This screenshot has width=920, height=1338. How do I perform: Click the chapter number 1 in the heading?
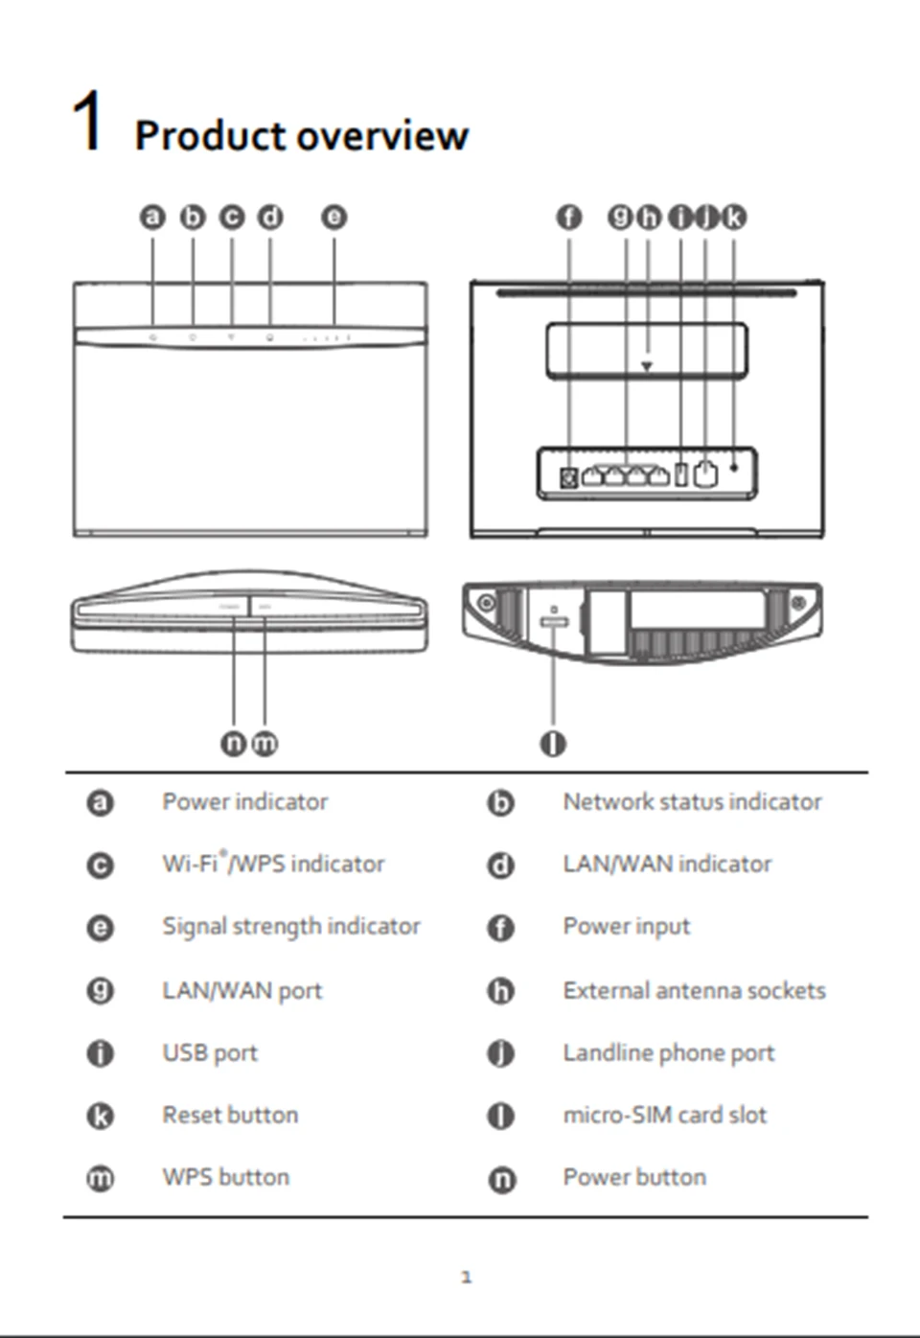(87, 122)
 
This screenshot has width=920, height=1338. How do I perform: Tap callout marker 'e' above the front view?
(333, 218)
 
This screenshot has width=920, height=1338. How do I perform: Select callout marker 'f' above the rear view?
(569, 218)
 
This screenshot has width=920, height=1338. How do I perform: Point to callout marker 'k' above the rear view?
(733, 218)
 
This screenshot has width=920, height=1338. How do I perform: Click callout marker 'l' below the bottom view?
(553, 744)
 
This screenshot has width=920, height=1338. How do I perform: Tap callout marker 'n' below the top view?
(233, 744)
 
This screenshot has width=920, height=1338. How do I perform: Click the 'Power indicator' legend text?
(244, 802)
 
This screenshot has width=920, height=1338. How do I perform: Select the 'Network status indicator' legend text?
(692, 802)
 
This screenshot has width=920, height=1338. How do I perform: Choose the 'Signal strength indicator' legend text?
(290, 927)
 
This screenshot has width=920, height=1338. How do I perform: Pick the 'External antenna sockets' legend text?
(694, 990)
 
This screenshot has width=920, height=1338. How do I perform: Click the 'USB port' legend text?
(210, 1053)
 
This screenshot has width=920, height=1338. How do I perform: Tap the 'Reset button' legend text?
(230, 1116)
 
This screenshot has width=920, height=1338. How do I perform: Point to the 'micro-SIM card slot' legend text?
(664, 1116)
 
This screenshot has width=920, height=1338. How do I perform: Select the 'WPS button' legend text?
(225, 1178)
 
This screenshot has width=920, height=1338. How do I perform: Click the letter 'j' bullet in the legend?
(501, 1054)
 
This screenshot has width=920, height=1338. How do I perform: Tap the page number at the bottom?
(466, 1277)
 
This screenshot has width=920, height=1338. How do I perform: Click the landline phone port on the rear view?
(705, 473)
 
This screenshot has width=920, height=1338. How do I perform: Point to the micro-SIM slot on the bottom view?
(554, 622)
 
